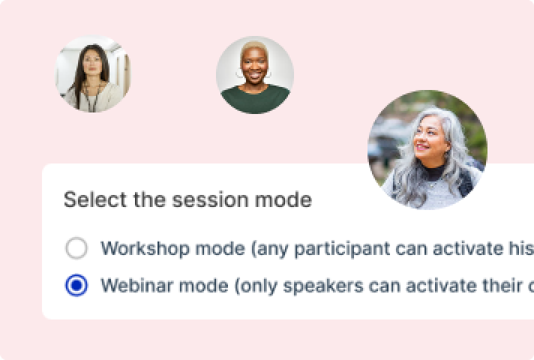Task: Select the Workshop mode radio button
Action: [76, 248]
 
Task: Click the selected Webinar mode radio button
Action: [76, 285]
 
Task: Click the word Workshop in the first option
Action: [145, 248]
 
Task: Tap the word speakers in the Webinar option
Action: [323, 286]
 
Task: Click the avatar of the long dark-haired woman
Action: [93, 74]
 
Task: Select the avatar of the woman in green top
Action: [255, 75]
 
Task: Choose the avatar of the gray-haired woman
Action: [427, 150]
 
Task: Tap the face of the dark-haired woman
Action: [92, 63]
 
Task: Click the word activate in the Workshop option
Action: [468, 248]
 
